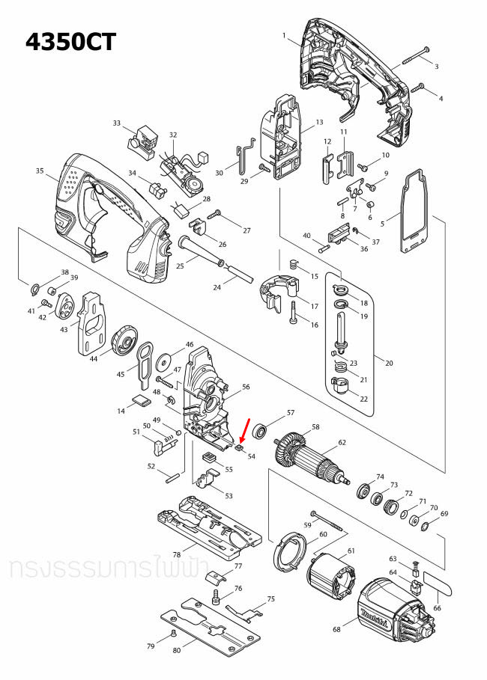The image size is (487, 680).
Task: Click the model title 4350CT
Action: [71, 42]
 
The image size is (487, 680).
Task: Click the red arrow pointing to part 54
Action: [243, 432]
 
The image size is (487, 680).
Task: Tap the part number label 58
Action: [315, 427]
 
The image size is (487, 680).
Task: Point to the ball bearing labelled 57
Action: [261, 431]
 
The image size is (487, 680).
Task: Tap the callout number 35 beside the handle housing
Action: [40, 171]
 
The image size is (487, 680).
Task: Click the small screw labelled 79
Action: [173, 633]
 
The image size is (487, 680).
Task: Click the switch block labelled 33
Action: [142, 140]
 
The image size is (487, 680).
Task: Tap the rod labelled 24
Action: [238, 272]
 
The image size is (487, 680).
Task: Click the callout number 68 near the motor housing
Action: [336, 629]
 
